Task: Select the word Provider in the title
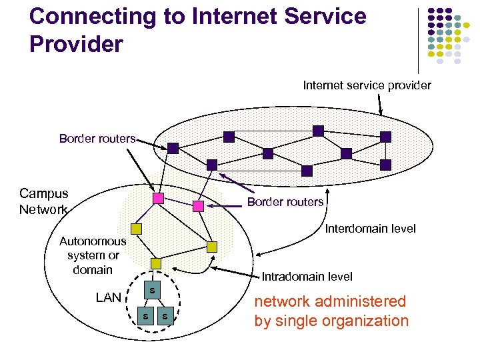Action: (77, 44)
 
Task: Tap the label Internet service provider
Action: (367, 85)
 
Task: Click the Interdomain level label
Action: (370, 229)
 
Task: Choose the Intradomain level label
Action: (307, 276)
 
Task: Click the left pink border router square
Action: (158, 199)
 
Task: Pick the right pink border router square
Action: (198, 206)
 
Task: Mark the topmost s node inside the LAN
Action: (152, 290)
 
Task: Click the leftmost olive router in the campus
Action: (136, 229)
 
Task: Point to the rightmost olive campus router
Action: (212, 247)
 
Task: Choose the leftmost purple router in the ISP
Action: (173, 148)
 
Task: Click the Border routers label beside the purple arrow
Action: (285, 202)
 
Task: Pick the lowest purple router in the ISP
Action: (307, 171)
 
